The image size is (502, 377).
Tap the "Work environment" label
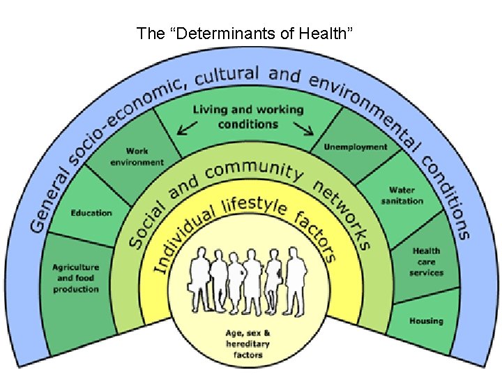(x=137, y=156)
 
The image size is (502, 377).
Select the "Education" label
(x=91, y=213)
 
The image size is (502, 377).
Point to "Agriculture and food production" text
(x=75, y=278)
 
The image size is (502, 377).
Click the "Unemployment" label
(x=356, y=147)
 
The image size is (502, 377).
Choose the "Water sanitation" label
(x=402, y=195)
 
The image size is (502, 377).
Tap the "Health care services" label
(x=426, y=262)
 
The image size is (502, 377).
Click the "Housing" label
(x=425, y=321)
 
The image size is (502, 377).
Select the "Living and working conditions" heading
(x=248, y=117)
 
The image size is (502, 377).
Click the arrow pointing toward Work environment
(x=185, y=128)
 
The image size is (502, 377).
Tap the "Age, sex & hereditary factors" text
(x=248, y=343)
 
